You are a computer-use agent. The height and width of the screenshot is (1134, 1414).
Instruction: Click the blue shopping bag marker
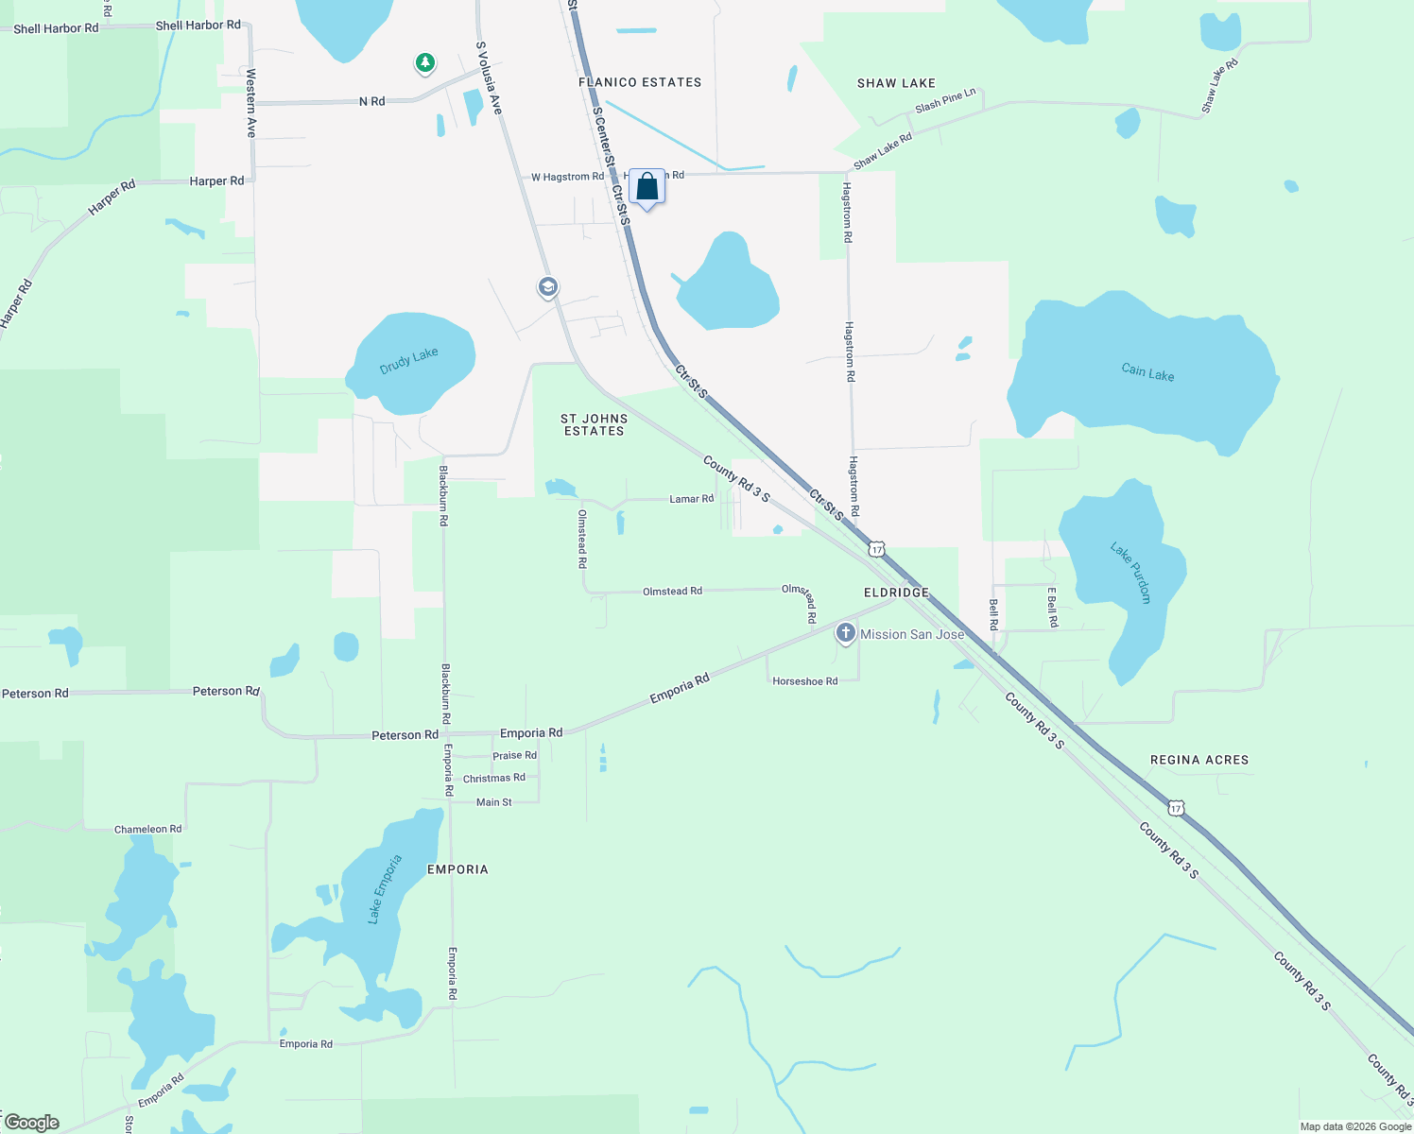click(x=647, y=187)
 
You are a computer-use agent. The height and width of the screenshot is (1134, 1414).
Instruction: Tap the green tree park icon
click(x=425, y=63)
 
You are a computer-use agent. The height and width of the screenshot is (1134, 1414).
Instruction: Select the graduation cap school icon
click(x=547, y=286)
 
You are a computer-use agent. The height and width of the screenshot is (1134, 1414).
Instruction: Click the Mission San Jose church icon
click(x=846, y=633)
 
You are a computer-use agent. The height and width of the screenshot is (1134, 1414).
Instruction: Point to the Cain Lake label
click(x=1147, y=373)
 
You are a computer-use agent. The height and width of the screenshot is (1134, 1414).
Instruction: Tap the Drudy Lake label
click(x=408, y=360)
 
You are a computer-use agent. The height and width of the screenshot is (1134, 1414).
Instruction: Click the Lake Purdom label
click(x=1130, y=573)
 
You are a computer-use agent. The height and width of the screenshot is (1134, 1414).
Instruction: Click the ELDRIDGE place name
click(x=896, y=593)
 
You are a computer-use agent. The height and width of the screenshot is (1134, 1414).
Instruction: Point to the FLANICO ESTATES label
click(x=640, y=82)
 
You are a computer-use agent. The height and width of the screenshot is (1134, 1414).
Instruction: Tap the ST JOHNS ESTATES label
click(x=594, y=424)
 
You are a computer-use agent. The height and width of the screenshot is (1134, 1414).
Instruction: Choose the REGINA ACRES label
click(x=1199, y=760)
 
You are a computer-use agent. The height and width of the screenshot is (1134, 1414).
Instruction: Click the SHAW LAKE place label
click(x=896, y=83)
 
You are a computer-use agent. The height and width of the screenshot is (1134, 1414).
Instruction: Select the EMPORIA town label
click(x=457, y=869)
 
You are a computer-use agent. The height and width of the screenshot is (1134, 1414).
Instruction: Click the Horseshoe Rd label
click(x=804, y=681)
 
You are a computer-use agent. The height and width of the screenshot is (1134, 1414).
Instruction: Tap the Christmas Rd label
click(x=493, y=779)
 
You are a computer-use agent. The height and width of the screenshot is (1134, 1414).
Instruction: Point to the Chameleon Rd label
click(x=147, y=830)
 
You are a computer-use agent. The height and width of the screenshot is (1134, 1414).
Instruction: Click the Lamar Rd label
click(x=691, y=499)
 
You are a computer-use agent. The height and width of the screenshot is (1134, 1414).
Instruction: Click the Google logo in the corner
click(x=32, y=1123)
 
